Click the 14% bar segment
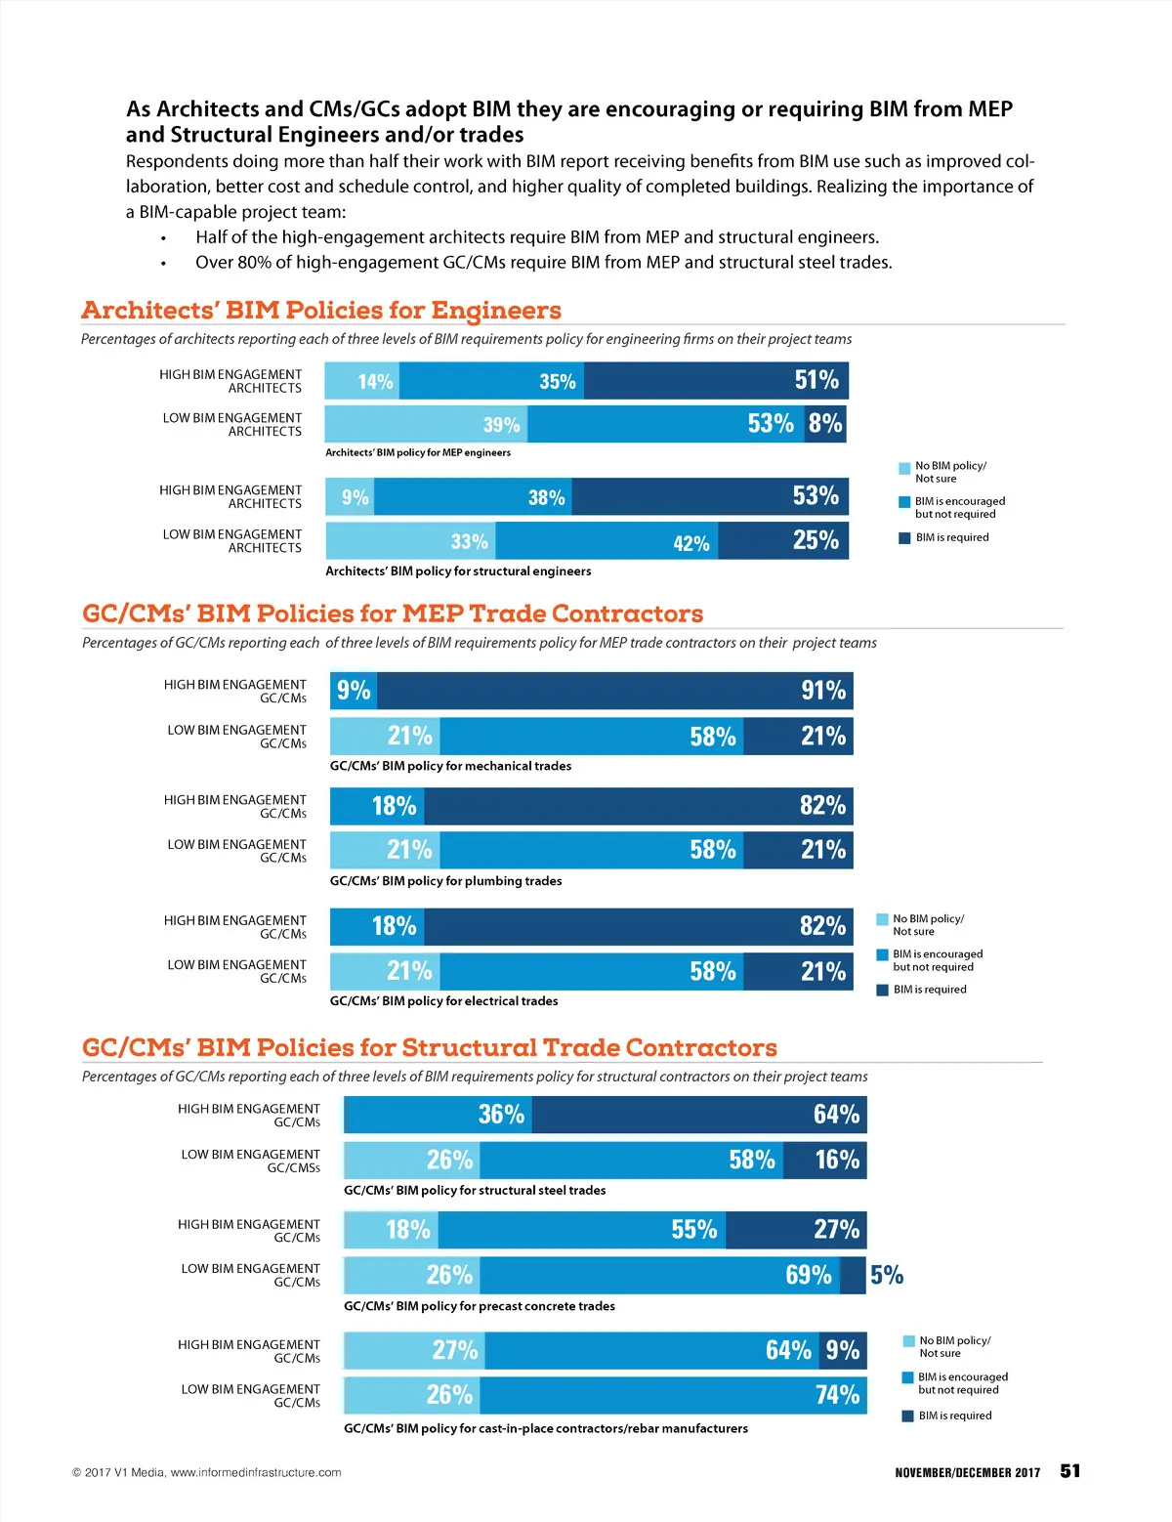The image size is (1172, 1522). [x=362, y=381]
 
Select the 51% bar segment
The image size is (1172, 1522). [x=716, y=381]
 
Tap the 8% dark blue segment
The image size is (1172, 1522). [x=825, y=424]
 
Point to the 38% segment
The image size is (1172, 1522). [x=473, y=497]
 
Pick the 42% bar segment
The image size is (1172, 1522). [x=607, y=541]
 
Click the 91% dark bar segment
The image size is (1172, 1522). [x=614, y=691]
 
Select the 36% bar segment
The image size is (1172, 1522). [x=439, y=1115]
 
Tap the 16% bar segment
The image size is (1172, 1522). [x=824, y=1160]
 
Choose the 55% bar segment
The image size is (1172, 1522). [x=581, y=1229]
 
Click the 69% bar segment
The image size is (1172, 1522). [x=659, y=1275]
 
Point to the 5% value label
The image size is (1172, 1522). [x=887, y=1275]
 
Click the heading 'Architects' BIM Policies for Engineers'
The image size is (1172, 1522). [x=321, y=311]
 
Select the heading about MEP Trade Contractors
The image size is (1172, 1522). [x=393, y=613]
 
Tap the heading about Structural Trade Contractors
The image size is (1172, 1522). [x=430, y=1047]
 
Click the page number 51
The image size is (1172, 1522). [x=1070, y=1471]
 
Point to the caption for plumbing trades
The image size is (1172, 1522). [x=445, y=881]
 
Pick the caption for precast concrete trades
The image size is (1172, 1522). [x=480, y=1306]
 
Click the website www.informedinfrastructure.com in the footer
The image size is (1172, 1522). [x=256, y=1472]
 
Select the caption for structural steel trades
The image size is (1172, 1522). [x=475, y=1191]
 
